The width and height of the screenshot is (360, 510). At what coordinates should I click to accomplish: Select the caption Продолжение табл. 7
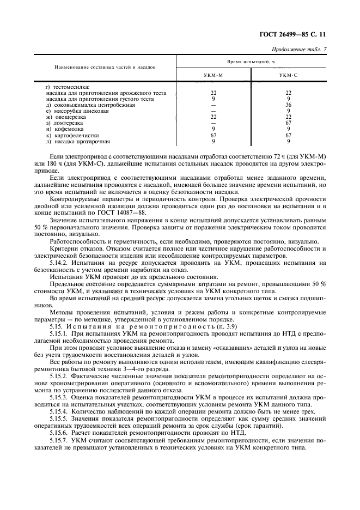pos(298,50)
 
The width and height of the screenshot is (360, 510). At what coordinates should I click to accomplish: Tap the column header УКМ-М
pos(213,75)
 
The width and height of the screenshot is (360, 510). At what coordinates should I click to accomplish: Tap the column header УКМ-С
pos(288,75)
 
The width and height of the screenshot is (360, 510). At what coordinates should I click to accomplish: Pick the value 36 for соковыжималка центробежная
pos(288,105)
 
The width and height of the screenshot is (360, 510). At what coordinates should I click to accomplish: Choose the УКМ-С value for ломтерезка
pos(288,123)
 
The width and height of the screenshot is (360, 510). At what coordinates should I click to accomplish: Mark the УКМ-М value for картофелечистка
pos(213,135)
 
